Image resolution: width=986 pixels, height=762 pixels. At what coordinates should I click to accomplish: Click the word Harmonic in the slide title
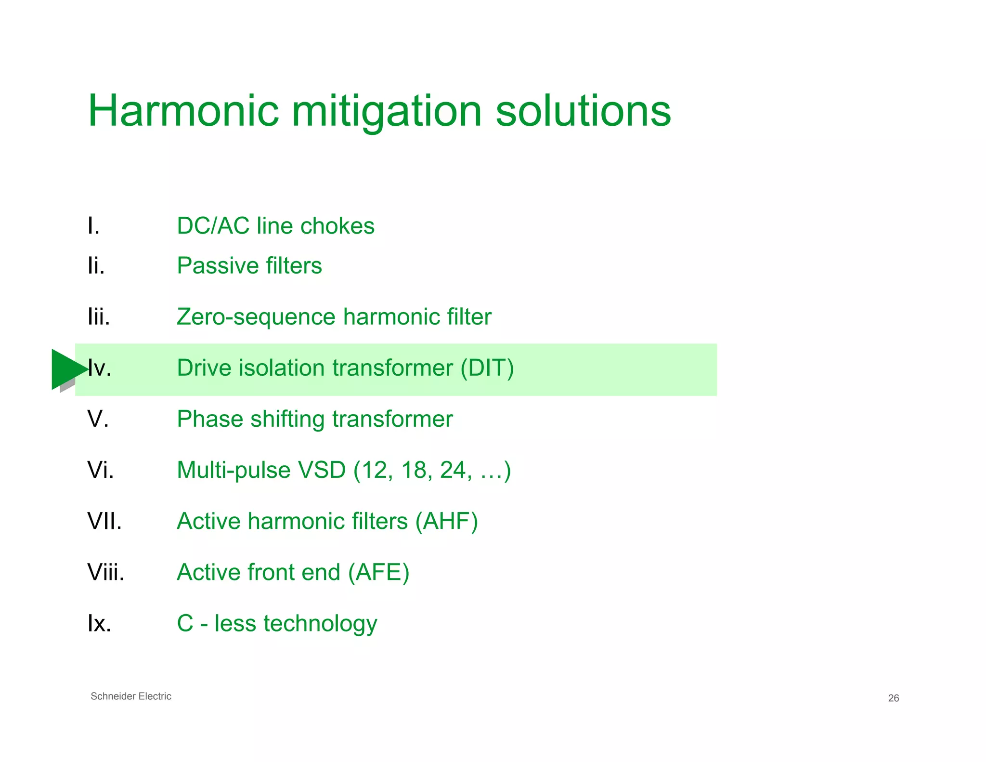[183, 111]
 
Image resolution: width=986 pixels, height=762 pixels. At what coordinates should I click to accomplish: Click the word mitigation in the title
[387, 111]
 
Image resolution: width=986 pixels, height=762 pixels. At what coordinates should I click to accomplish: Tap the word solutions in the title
[583, 111]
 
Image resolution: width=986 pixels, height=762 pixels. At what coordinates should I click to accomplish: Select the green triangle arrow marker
[67, 369]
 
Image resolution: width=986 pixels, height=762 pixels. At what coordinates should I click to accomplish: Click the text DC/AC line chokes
[275, 226]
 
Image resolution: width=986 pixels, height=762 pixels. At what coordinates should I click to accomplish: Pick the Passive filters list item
[249, 265]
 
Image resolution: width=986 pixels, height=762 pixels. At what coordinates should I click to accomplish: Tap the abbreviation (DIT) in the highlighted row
[487, 368]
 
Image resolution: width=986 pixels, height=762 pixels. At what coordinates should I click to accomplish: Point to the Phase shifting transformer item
[314, 419]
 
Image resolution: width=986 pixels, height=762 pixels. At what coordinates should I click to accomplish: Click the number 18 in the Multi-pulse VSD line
[414, 470]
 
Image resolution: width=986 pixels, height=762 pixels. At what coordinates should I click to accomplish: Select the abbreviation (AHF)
[447, 521]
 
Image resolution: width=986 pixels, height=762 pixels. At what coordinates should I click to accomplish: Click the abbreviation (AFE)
[378, 572]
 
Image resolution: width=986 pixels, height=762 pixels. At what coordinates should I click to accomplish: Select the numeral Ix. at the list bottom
[99, 624]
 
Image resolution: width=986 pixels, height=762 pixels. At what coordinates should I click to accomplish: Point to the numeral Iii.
[99, 317]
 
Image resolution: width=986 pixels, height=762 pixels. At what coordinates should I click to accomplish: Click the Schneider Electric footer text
[131, 696]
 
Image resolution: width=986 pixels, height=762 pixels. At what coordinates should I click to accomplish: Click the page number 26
[893, 698]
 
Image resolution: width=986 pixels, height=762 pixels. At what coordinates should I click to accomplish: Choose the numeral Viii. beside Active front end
[106, 572]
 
